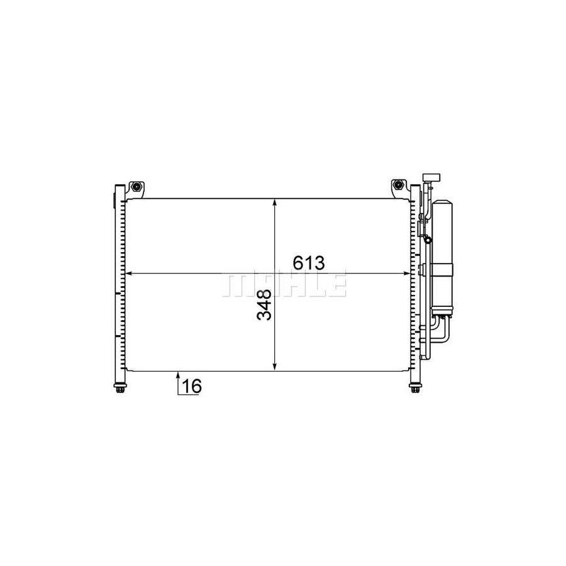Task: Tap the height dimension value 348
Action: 264,305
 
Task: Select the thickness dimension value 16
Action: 192,386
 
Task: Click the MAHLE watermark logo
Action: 283,285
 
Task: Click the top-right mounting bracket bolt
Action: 397,186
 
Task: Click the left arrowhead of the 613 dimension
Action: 130,274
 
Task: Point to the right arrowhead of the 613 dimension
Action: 406,274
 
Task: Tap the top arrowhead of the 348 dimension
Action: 275,203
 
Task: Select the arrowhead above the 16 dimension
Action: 178,376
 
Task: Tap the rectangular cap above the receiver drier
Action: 431,177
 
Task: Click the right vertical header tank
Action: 414,283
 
